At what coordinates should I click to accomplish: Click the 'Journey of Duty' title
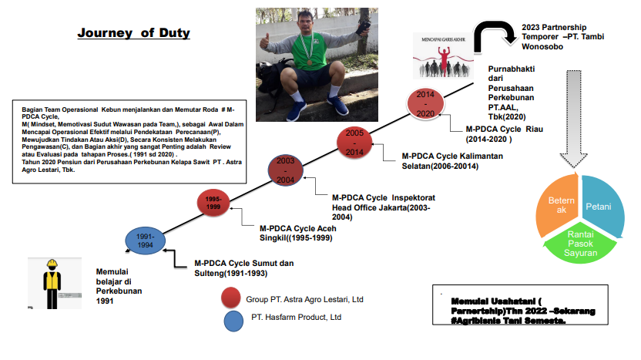click(133, 33)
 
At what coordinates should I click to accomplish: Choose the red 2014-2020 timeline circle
click(426, 103)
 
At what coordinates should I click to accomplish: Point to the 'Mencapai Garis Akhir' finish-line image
click(442, 56)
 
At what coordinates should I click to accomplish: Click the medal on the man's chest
click(310, 60)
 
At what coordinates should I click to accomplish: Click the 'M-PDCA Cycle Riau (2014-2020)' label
click(504, 134)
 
